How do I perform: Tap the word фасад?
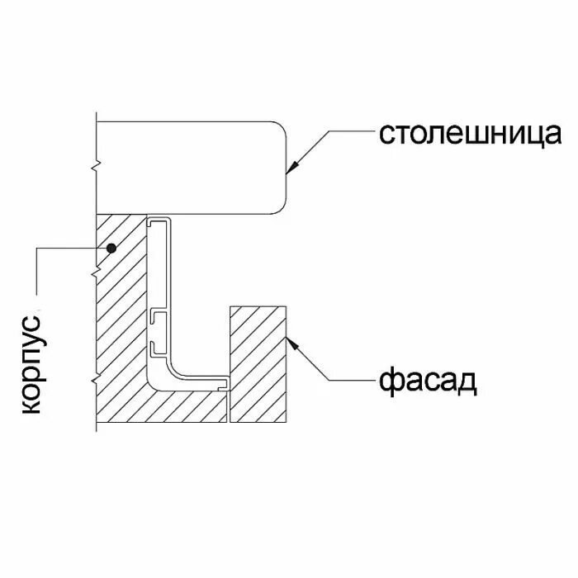tap(429, 381)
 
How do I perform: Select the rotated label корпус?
tap(31, 363)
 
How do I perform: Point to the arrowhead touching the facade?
tap(291, 343)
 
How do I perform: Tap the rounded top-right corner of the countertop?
tap(280, 128)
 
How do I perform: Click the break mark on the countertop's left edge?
tap(96, 163)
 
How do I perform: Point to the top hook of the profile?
tap(159, 222)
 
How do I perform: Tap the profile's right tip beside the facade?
tap(225, 383)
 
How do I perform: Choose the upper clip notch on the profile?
tap(159, 315)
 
